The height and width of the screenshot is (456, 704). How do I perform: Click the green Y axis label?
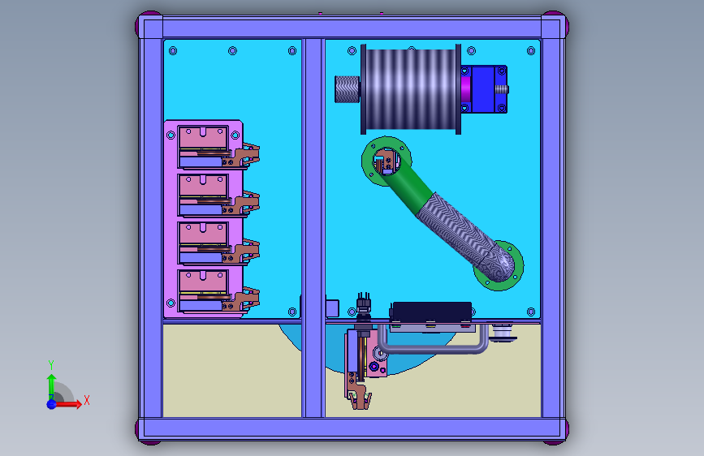pyautogui.click(x=51, y=365)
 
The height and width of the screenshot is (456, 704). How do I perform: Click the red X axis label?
pyautogui.click(x=87, y=400)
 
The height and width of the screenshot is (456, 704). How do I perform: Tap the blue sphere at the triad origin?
pyautogui.click(x=52, y=404)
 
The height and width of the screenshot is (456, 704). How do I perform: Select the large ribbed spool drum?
pyautogui.click(x=411, y=89)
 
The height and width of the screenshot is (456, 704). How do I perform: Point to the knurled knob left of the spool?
pyautogui.click(x=347, y=89)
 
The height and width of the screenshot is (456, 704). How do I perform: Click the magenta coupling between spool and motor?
pyautogui.click(x=465, y=89)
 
